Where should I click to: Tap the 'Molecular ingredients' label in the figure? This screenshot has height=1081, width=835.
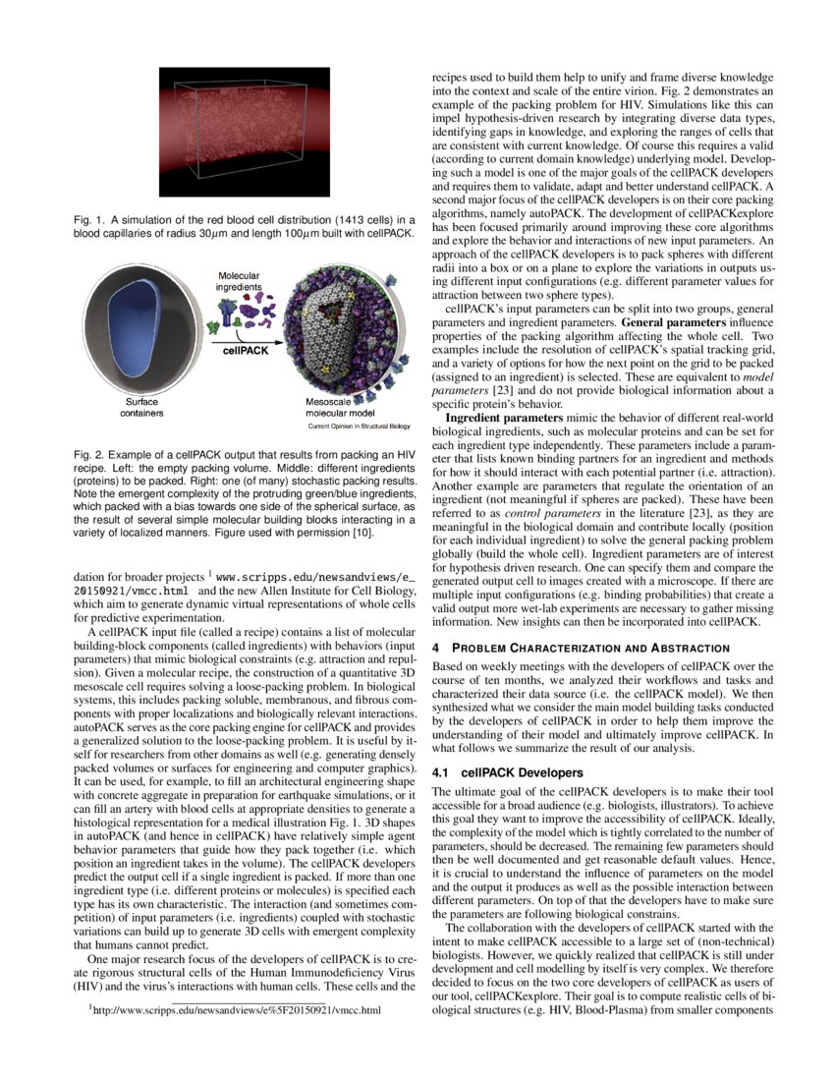239,280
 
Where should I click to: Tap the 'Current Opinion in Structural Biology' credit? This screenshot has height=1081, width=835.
359,427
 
